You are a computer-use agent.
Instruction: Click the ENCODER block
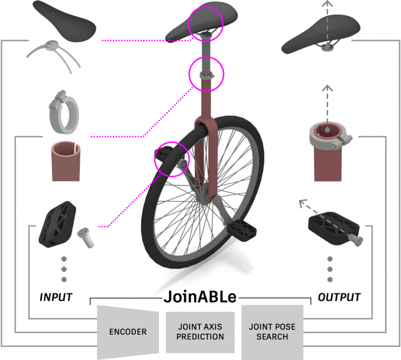128,331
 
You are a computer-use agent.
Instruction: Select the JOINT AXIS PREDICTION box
200,332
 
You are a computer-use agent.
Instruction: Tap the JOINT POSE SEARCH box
272,332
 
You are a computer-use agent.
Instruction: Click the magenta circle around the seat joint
206,24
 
